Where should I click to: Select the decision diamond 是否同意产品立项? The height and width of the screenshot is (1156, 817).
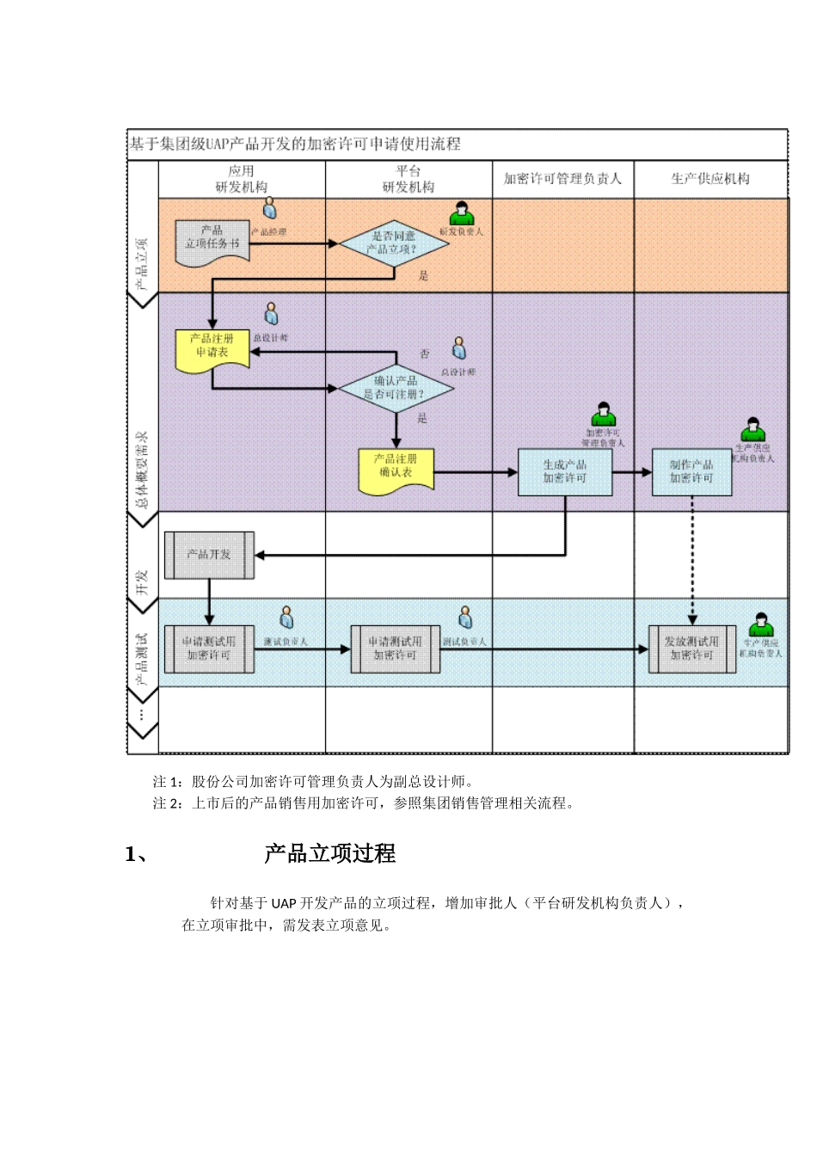[394, 243]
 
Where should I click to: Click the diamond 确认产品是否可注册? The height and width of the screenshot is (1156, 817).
[396, 388]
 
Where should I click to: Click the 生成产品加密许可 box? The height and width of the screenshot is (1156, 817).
[565, 471]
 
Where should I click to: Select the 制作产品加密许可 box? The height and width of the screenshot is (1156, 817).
[691, 471]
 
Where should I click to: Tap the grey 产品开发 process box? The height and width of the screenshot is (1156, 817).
[209, 555]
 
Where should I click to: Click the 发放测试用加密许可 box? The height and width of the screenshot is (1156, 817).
[691, 649]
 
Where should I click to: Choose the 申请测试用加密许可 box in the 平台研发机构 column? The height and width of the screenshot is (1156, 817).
[396, 649]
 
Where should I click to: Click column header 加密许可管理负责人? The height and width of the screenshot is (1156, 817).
[562, 179]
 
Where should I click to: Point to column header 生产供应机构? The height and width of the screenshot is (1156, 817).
[710, 179]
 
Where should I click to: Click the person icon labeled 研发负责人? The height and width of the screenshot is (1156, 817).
[462, 212]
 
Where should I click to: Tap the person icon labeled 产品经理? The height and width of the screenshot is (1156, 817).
[269, 208]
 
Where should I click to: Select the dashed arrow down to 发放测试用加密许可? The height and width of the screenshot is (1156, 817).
[692, 559]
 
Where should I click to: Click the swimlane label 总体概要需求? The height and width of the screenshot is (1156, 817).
[143, 469]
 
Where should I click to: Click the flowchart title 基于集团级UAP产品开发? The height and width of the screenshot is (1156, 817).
[295, 144]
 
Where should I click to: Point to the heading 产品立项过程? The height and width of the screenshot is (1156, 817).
[330, 853]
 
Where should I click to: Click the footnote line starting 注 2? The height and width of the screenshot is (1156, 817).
[364, 803]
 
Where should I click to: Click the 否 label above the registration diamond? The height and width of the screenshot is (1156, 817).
[425, 354]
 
